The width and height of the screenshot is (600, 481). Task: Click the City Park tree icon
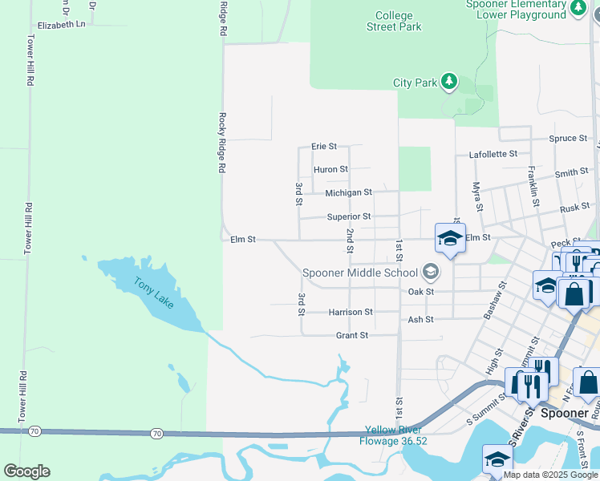(x=449, y=82)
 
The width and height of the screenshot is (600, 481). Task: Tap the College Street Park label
(x=394, y=21)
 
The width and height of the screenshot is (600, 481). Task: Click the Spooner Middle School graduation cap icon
(x=431, y=272)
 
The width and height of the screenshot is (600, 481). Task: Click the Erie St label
(x=324, y=147)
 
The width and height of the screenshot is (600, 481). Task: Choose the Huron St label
(x=330, y=169)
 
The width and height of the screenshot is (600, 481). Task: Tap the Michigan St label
(x=348, y=192)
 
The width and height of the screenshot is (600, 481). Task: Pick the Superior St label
(x=348, y=216)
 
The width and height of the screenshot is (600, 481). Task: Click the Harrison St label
(x=351, y=311)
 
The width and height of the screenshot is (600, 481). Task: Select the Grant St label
(x=351, y=335)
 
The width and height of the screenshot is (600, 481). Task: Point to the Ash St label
(x=420, y=319)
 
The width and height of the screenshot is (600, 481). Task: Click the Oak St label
(x=420, y=292)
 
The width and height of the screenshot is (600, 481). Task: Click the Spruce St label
(x=568, y=138)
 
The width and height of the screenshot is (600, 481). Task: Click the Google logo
(x=26, y=471)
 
